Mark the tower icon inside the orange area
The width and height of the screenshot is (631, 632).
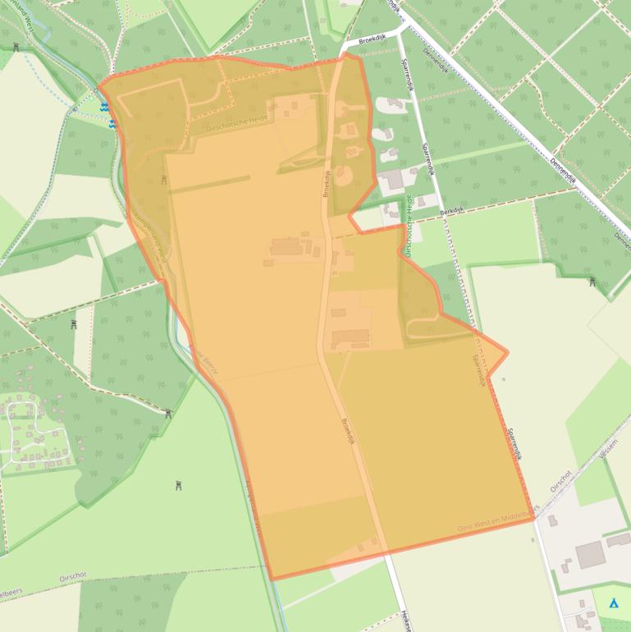[164, 180]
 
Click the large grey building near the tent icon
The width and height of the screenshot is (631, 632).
[590, 555]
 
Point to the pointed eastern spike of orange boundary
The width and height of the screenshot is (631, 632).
[507, 353]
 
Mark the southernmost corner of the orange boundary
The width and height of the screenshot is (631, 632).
[272, 579]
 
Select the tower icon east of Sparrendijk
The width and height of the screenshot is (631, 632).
[592, 282]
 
